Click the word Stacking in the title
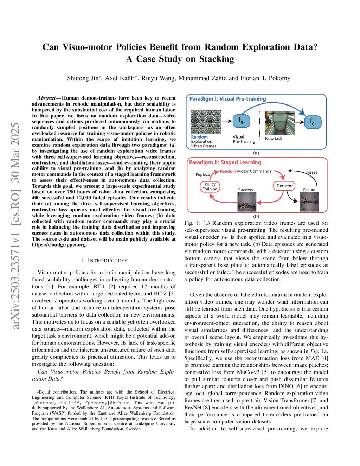(217, 59)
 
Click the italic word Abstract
(46, 98)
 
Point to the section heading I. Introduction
(104, 260)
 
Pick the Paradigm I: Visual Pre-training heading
(227, 99)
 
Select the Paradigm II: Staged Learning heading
(225, 162)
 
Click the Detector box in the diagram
(284, 186)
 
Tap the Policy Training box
(210, 186)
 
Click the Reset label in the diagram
(312, 172)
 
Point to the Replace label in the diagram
(202, 174)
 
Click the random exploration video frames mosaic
(206, 122)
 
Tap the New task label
(274, 139)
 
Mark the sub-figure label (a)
(256, 153)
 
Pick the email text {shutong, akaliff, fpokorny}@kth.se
(81, 403)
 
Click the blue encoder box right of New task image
(313, 122)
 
